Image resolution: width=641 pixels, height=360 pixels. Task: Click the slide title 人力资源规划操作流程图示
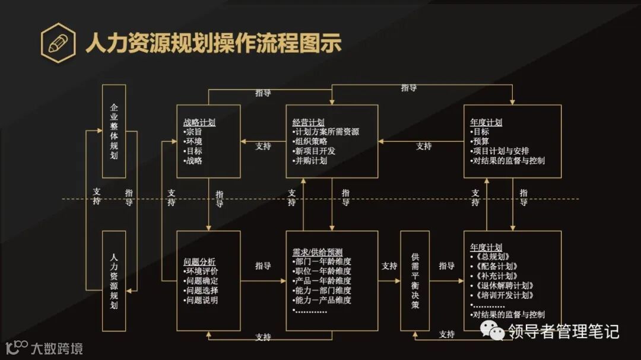coord(214,43)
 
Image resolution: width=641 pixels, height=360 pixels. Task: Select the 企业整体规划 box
coord(114,131)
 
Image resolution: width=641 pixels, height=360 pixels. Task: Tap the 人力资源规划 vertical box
coord(114,281)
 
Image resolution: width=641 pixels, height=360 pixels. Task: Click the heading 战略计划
coord(199,123)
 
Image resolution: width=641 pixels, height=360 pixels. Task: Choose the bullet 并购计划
coord(310,161)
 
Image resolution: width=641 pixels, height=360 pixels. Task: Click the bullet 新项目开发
coord(313,151)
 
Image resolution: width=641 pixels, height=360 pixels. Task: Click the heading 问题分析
coord(199,262)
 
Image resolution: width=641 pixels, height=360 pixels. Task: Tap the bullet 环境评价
coord(201,271)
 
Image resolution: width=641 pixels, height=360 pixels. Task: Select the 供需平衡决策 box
coord(415,280)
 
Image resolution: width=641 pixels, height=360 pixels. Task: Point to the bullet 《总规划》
coord(489,257)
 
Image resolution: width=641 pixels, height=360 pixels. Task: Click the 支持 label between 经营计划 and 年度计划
coord(423,146)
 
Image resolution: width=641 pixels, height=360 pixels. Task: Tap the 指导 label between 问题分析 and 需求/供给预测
coord(263,266)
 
